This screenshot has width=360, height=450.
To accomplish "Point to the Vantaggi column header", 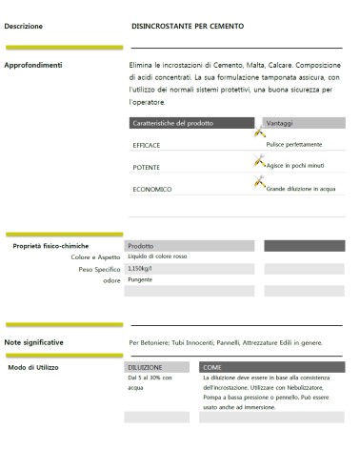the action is point(285,123).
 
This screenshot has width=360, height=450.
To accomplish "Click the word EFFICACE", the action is point(146,145).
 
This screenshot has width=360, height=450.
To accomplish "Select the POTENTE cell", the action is point(146,167).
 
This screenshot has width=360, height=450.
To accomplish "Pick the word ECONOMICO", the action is point(152,189).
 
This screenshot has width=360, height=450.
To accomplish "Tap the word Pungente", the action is point(140,280).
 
